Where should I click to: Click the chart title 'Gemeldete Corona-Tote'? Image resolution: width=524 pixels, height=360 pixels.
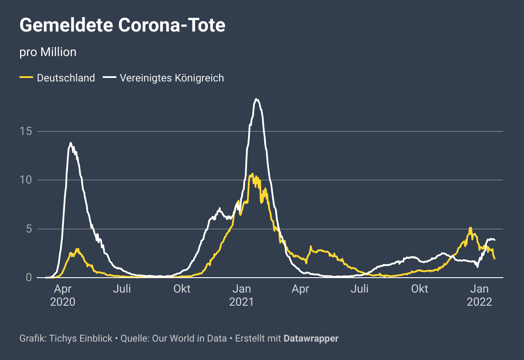pos(122,25)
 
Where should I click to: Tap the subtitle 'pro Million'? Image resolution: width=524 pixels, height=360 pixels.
pos(48,52)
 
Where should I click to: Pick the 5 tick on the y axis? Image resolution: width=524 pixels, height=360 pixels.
pos(28,229)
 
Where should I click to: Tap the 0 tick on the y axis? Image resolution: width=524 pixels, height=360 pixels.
pos(28,278)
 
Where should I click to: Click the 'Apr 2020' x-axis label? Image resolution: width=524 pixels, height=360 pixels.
pos(63,296)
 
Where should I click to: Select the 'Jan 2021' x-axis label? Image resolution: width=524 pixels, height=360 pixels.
pos(241,296)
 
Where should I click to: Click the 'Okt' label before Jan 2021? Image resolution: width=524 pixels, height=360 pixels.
pos(182,289)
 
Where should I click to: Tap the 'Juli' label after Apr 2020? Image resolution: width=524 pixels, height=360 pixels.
pos(122,289)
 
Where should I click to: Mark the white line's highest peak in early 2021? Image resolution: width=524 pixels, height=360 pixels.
pos(257,99)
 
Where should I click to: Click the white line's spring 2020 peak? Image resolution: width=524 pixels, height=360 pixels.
pos(71,143)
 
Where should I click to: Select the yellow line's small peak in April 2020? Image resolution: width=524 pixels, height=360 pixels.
pos(78,249)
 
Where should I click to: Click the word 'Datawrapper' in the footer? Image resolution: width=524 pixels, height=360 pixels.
pos(311,339)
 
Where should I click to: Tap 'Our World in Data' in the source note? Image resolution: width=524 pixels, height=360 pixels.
pos(189,339)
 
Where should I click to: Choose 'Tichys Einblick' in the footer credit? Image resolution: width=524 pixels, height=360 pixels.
pos(81,339)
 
